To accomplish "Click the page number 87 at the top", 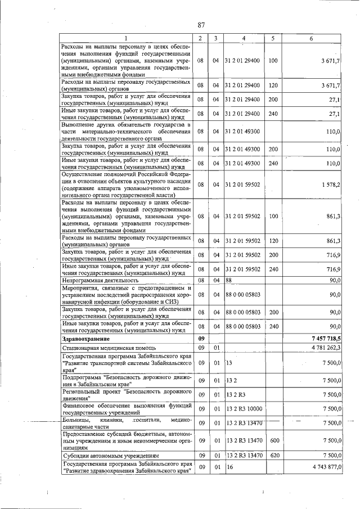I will tap(201, 24).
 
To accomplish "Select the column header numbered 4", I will tap(243, 38).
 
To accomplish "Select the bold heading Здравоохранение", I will tap(86, 339).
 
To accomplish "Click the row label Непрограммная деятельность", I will tap(100, 280).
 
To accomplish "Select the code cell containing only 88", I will tap(229, 280).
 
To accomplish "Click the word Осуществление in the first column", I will tap(83, 174).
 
